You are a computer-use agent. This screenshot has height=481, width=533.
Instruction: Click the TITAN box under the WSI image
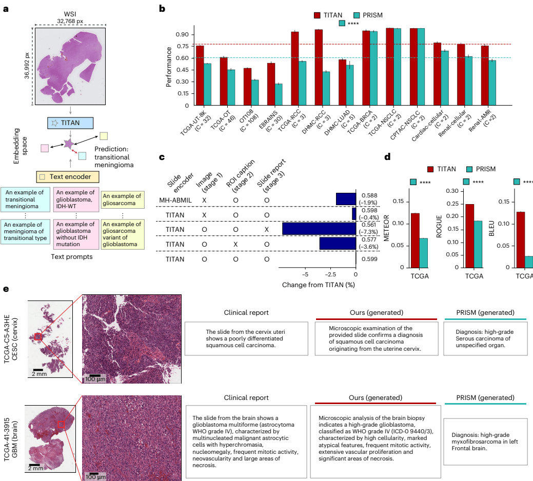pos(70,123)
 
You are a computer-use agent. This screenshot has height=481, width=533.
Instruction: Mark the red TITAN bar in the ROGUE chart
pos(469,236)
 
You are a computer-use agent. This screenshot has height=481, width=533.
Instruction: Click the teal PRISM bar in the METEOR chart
pos(424,253)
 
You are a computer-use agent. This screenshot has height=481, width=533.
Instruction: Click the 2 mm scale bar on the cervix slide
pos(37,369)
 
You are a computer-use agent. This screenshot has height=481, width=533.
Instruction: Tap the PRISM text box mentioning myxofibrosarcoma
pos(485,442)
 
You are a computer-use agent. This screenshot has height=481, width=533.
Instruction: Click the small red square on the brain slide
pos(61,424)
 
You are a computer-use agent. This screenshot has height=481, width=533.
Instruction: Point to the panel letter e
pos(6,290)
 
